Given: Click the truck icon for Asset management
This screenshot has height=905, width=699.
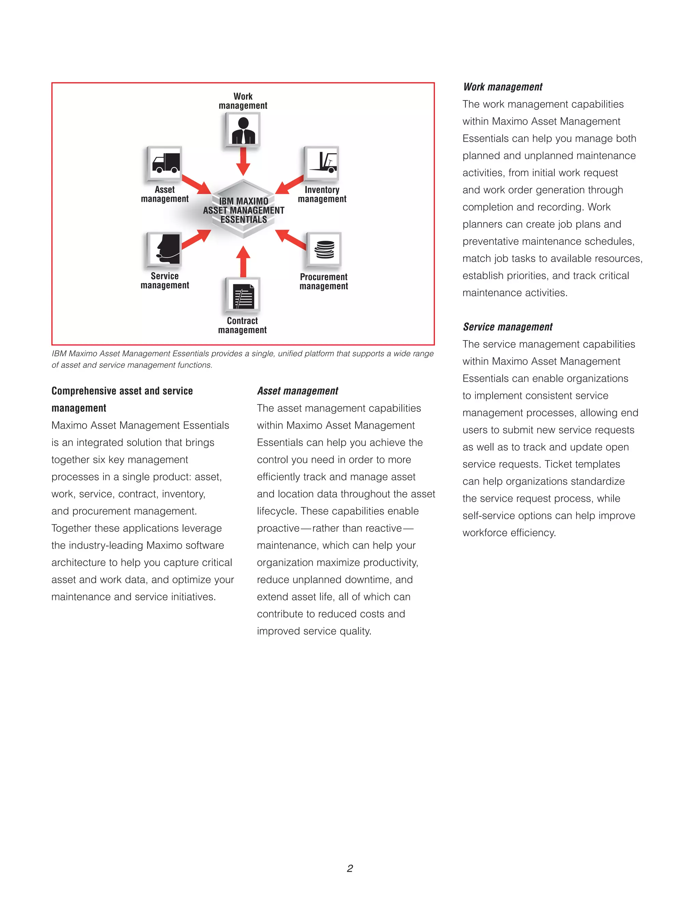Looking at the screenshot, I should pos(165,164).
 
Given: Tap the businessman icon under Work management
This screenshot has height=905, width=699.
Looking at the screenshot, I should pos(243,130).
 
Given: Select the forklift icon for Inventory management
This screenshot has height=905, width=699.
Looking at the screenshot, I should pos(322,163).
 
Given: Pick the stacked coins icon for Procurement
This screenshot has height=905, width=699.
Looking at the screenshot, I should pos(324,249).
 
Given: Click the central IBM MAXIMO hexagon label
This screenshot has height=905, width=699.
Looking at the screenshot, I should pos(243,210).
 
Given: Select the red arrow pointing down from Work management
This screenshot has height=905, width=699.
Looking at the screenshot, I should pos(243,161).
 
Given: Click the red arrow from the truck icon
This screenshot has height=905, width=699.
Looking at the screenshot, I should pos(196,184).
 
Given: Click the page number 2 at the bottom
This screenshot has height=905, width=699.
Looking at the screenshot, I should pos(350,868).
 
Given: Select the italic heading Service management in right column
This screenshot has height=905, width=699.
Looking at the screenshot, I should pos(508,327).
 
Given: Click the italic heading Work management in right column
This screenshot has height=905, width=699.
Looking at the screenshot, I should pos(503,87).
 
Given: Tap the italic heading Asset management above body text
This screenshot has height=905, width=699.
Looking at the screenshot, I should pos(297,391).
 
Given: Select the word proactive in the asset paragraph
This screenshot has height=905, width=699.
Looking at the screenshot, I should pos(278,528).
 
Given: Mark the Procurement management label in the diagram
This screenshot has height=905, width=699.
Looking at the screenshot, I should pos(324,281).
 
